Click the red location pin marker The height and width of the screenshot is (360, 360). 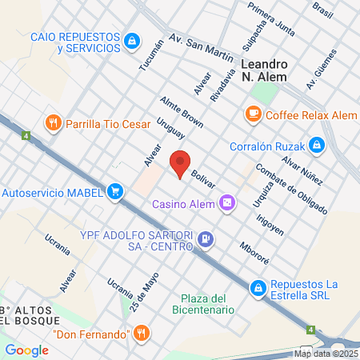[181, 163]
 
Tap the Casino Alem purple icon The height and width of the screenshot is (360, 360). [228, 203]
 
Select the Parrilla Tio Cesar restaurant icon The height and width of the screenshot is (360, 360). [54, 122]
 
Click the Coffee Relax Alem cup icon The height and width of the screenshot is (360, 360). [254, 114]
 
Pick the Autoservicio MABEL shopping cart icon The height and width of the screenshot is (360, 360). [117, 191]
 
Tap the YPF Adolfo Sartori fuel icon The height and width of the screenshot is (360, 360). [206, 238]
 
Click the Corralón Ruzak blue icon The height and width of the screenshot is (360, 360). [318, 145]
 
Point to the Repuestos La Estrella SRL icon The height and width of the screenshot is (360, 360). [258, 287]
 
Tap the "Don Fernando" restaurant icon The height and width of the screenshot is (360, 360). [142, 333]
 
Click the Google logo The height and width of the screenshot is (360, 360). [27, 350]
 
